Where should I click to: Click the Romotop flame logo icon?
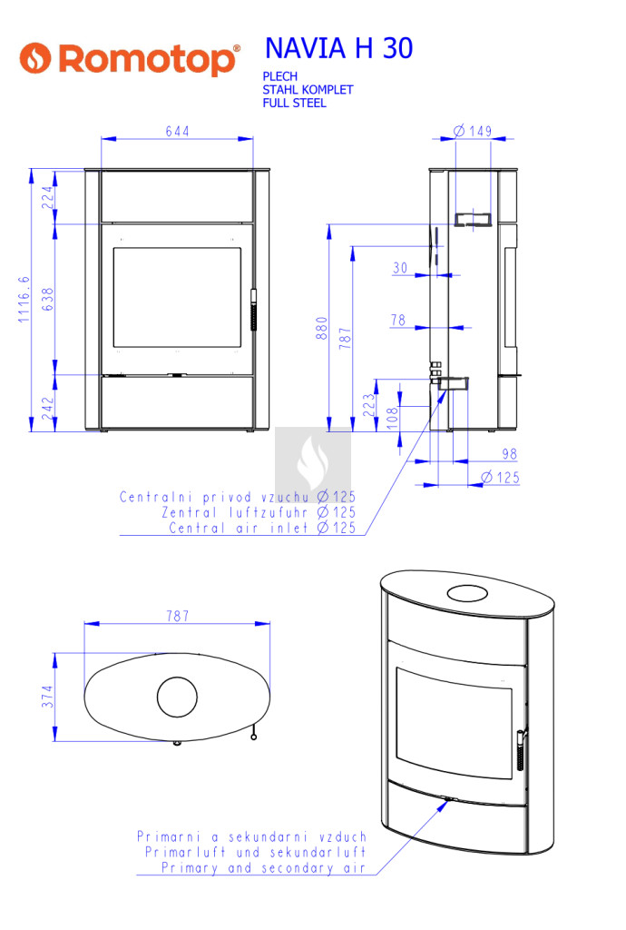click(x=35, y=58)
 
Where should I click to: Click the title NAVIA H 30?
click(x=338, y=48)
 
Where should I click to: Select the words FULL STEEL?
click(x=294, y=104)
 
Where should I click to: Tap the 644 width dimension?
click(x=177, y=131)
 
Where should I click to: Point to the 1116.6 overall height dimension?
click(x=23, y=300)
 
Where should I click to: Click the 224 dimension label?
click(x=47, y=197)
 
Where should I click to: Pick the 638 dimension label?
click(x=47, y=300)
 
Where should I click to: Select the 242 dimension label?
click(x=47, y=409)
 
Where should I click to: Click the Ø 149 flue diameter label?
click(x=473, y=131)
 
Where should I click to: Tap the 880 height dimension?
click(x=321, y=328)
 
